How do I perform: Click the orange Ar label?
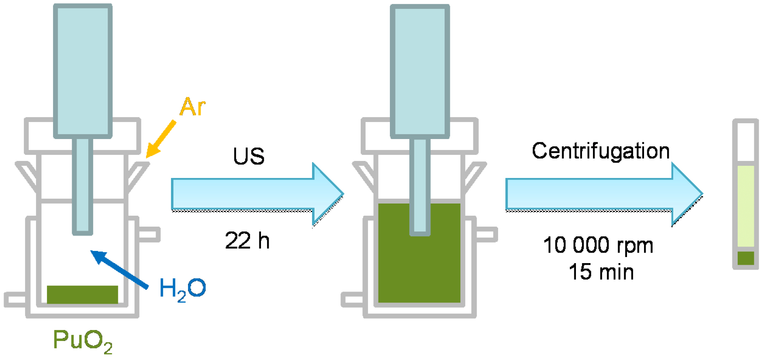(x=193, y=107)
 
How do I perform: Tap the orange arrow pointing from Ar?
(x=161, y=139)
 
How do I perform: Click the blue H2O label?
(x=182, y=289)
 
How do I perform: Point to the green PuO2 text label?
(x=83, y=341)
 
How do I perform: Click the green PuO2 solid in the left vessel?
(x=82, y=294)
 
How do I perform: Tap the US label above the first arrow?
(x=248, y=156)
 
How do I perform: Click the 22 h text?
(x=247, y=240)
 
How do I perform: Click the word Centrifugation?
(x=600, y=151)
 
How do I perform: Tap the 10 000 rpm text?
(x=598, y=245)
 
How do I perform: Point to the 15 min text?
(x=601, y=272)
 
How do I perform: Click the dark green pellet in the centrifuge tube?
(x=745, y=258)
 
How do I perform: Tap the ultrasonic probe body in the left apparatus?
(x=83, y=71)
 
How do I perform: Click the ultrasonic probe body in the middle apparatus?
(x=420, y=71)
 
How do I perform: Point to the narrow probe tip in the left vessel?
(x=83, y=186)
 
